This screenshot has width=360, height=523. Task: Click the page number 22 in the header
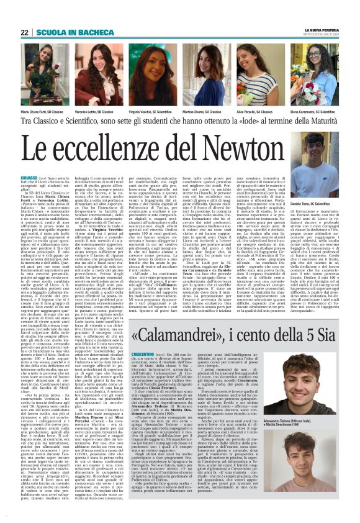click(x=24, y=32)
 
